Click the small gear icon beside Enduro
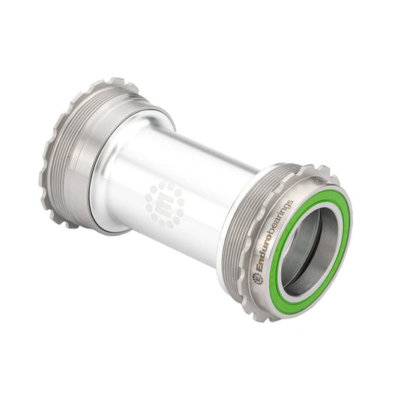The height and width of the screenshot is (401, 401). click(259, 278)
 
